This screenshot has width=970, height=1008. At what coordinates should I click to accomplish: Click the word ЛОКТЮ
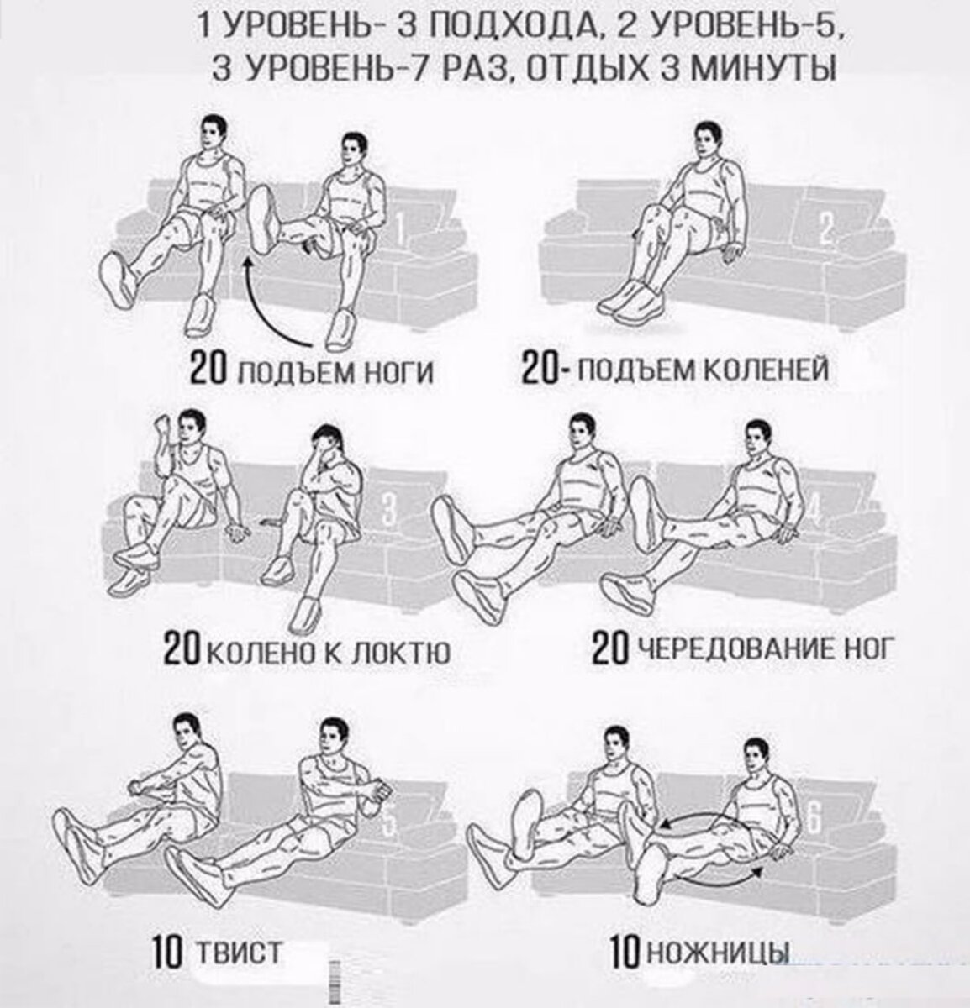[400, 654]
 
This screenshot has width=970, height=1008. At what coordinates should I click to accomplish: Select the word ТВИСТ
[240, 952]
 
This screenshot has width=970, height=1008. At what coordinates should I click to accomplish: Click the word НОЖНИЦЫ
[719, 953]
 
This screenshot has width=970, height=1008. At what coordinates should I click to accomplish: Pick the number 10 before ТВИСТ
[168, 953]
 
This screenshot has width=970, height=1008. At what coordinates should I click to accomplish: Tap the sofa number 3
[387, 508]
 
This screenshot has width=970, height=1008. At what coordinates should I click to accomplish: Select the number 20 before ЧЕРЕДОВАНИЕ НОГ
[610, 649]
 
